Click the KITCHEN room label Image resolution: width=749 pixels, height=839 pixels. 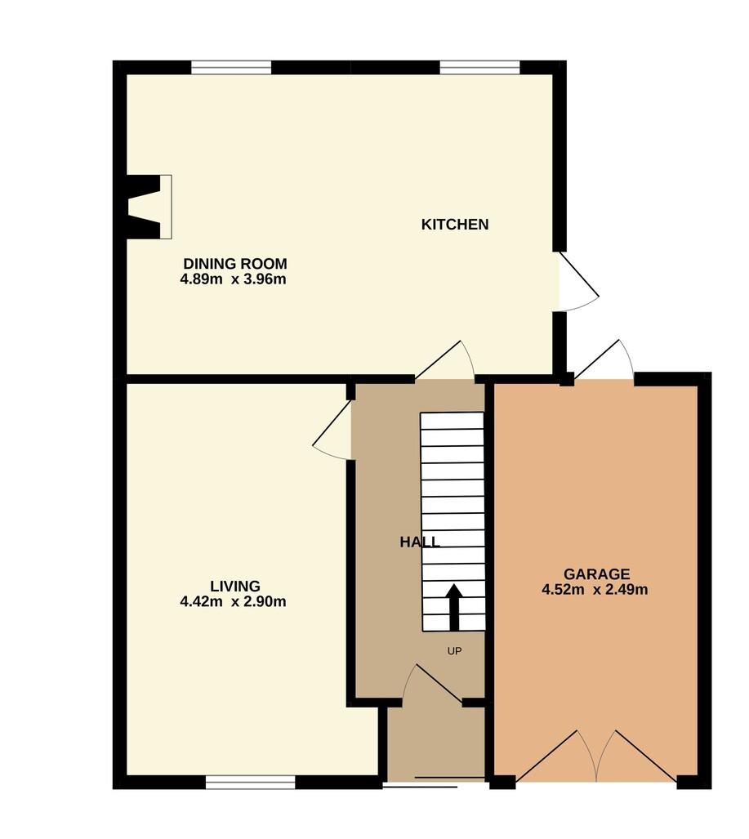(455, 224)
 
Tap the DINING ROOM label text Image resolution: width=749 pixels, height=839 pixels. (235, 263)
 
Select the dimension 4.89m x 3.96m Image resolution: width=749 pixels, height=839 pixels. (234, 279)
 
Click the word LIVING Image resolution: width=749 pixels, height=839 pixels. (235, 586)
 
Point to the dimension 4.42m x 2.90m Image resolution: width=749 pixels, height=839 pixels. (234, 601)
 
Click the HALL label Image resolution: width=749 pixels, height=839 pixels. (420, 542)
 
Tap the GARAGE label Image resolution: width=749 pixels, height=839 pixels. (596, 574)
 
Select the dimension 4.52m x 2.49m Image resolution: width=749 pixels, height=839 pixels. (595, 590)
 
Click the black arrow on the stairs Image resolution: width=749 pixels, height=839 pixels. (454, 607)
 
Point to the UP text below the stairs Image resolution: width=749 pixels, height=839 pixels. (454, 651)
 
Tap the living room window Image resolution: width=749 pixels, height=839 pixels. (251, 783)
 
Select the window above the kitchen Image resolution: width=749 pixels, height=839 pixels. (479, 68)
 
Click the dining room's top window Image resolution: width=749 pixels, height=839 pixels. (231, 68)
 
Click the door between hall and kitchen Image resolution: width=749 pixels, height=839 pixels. (445, 360)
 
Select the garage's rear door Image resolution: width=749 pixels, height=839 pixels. (604, 361)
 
